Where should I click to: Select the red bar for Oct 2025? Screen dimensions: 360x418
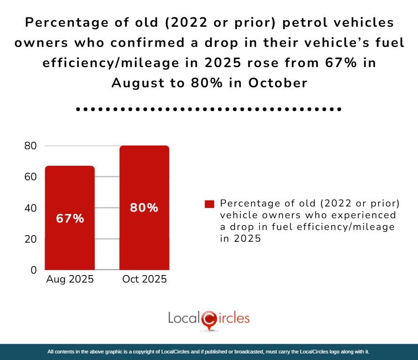144,235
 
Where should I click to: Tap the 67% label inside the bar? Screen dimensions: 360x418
70,218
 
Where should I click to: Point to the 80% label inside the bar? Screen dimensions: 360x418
144,208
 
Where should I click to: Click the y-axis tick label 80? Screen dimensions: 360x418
31,146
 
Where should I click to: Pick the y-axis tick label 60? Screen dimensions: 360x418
31,177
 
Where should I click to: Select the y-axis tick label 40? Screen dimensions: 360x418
31,208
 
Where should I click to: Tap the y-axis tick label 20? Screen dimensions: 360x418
31,239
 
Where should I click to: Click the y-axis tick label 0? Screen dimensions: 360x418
33,270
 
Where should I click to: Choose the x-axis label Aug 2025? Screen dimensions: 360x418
70,279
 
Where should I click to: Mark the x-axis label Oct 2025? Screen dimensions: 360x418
144,279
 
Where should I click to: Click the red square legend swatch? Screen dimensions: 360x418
209,204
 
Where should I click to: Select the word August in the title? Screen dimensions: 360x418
136,83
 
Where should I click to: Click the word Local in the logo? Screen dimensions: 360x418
184,318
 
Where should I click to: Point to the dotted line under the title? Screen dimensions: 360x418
209,109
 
